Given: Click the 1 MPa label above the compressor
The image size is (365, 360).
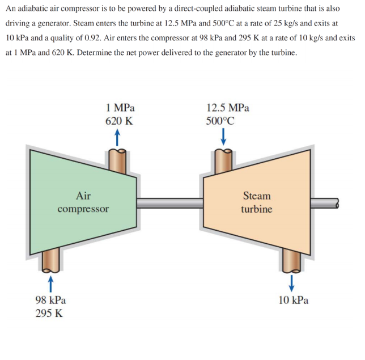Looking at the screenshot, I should click(x=120, y=107).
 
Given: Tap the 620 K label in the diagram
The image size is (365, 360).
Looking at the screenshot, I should click(x=119, y=121).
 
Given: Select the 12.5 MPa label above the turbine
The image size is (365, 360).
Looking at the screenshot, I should click(x=228, y=107).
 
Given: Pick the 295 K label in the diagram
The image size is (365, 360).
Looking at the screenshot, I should click(x=49, y=314).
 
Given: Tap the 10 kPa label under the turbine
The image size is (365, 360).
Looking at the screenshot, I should click(x=294, y=300).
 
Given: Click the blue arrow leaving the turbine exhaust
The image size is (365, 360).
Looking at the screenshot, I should click(x=292, y=281).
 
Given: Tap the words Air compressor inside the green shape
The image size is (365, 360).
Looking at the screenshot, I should click(x=83, y=202).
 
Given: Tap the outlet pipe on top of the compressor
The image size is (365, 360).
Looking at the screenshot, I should click(x=118, y=160).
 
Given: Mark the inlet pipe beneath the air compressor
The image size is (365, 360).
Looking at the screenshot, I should click(x=50, y=260).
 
